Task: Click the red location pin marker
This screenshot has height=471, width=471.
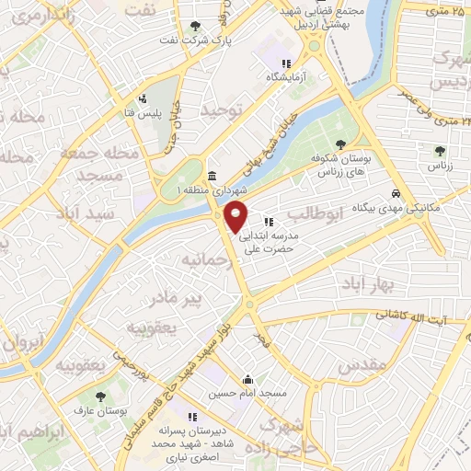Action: tap(236, 216)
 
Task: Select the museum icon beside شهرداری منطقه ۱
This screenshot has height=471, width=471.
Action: tap(213, 177)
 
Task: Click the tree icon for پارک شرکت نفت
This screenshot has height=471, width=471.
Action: tap(193, 27)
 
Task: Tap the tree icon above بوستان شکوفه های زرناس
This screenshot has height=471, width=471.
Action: tap(341, 144)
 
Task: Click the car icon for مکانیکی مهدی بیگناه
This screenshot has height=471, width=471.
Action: tap(396, 194)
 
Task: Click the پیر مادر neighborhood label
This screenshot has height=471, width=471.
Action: tap(175, 299)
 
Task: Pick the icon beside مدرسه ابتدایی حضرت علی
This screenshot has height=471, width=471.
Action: tap(269, 222)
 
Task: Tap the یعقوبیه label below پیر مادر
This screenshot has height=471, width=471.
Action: tap(151, 327)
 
